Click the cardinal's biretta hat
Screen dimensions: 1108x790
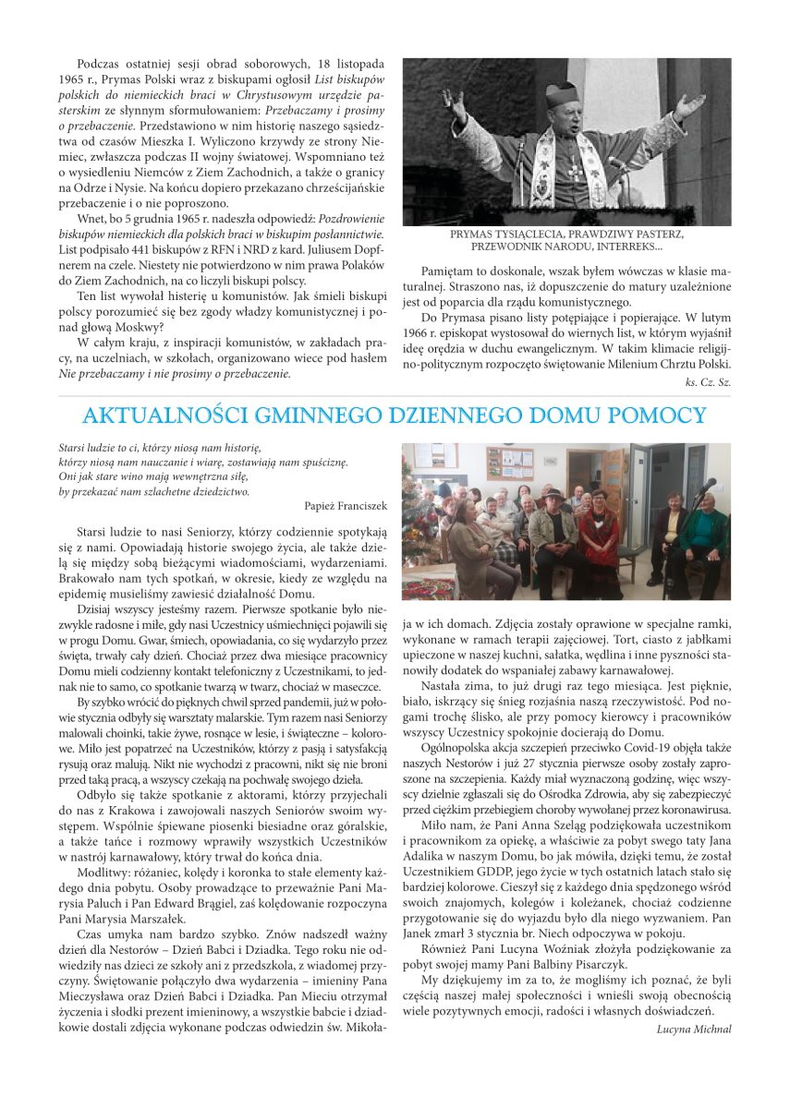(561, 92)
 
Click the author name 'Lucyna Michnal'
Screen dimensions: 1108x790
(694, 1029)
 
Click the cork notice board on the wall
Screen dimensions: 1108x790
(509, 462)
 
